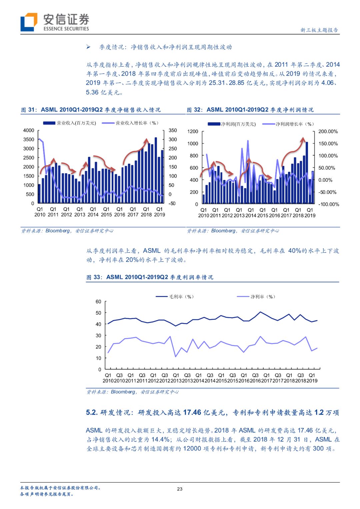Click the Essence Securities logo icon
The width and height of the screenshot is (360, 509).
pos(29,22)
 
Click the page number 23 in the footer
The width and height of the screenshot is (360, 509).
pos(180,489)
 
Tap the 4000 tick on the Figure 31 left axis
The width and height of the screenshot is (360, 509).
pos(29,130)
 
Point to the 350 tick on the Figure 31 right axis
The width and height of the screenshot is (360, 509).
pos(173,130)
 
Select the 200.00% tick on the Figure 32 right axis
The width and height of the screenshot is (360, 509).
pos(328,132)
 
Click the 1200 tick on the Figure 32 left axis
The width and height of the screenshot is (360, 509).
pos(193,132)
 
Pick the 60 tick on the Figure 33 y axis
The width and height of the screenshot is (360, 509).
pos(98,302)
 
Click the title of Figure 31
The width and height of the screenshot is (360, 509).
pos(91,110)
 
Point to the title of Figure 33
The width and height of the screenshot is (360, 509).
pos(150,277)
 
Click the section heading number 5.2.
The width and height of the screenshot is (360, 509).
pos(92,413)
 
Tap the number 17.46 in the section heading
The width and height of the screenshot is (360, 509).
pos(192,413)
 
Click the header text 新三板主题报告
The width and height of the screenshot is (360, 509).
pos(319,30)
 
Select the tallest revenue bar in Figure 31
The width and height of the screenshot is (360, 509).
pos(156,170)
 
